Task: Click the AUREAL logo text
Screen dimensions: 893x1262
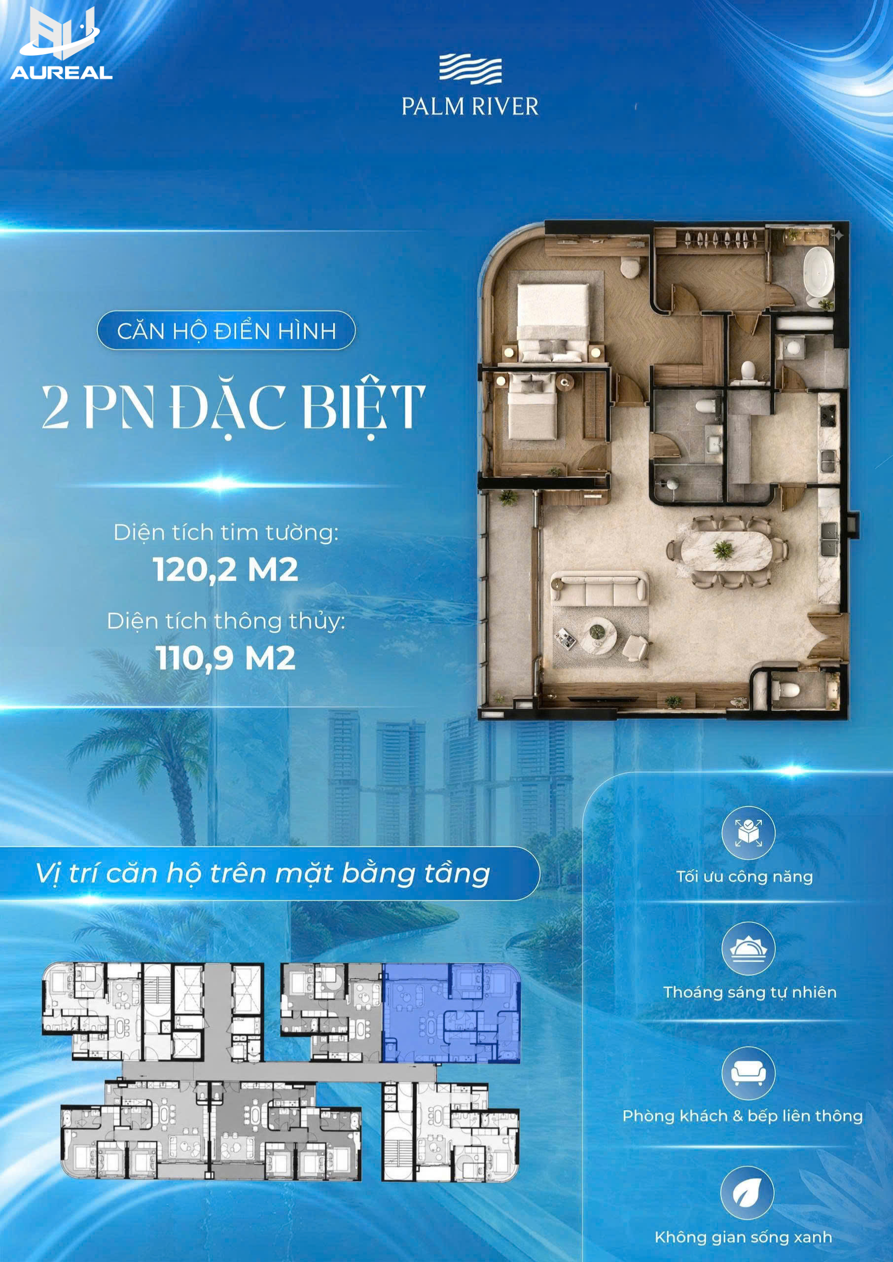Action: click(x=62, y=72)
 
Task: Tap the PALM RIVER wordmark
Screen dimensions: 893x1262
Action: click(x=470, y=106)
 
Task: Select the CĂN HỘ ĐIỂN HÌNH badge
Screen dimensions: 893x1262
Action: click(x=226, y=331)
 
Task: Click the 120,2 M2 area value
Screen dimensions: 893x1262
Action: click(x=225, y=569)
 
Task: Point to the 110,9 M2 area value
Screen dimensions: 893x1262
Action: click(x=225, y=658)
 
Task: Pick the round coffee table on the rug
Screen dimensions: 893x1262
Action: click(x=598, y=634)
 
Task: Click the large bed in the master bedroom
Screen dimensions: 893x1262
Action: click(x=553, y=322)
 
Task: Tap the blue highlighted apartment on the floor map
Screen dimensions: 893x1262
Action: click(x=451, y=1013)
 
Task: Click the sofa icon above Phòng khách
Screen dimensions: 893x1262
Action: click(x=749, y=1074)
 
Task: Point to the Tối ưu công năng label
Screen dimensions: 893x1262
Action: click(x=745, y=876)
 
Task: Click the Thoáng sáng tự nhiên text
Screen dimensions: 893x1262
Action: click(x=750, y=992)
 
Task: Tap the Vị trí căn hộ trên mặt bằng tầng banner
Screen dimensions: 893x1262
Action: click(x=269, y=874)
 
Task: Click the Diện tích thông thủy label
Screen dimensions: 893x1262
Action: click(x=226, y=621)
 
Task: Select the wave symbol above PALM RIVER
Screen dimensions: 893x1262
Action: click(x=470, y=69)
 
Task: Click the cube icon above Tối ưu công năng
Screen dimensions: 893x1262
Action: click(x=749, y=833)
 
